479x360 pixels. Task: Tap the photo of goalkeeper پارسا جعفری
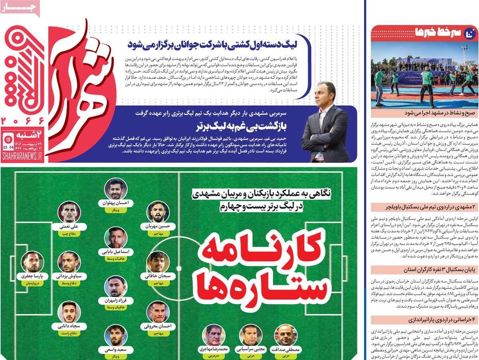[x=33, y=261]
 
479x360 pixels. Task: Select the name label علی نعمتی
[x=69, y=226]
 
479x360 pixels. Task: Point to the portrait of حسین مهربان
[x=158, y=212]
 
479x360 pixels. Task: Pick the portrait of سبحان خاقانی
[x=158, y=262]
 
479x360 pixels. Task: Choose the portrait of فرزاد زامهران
[x=115, y=286]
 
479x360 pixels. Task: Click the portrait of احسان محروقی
[x=158, y=312]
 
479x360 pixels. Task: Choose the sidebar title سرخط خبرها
[x=431, y=32]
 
